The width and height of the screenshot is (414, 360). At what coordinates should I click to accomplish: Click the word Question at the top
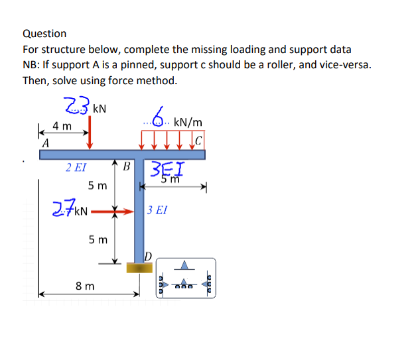[x=44, y=33]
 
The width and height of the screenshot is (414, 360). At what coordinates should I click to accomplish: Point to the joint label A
[x=45, y=143]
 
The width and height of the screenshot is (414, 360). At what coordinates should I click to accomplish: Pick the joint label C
[x=199, y=140]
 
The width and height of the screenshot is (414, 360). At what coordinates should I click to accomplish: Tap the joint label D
[x=149, y=256]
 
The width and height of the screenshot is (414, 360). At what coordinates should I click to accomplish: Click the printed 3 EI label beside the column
[x=159, y=210]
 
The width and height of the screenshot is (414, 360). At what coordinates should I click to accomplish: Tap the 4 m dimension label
[x=63, y=125]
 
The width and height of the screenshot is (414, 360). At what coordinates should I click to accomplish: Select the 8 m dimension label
[x=84, y=286]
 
